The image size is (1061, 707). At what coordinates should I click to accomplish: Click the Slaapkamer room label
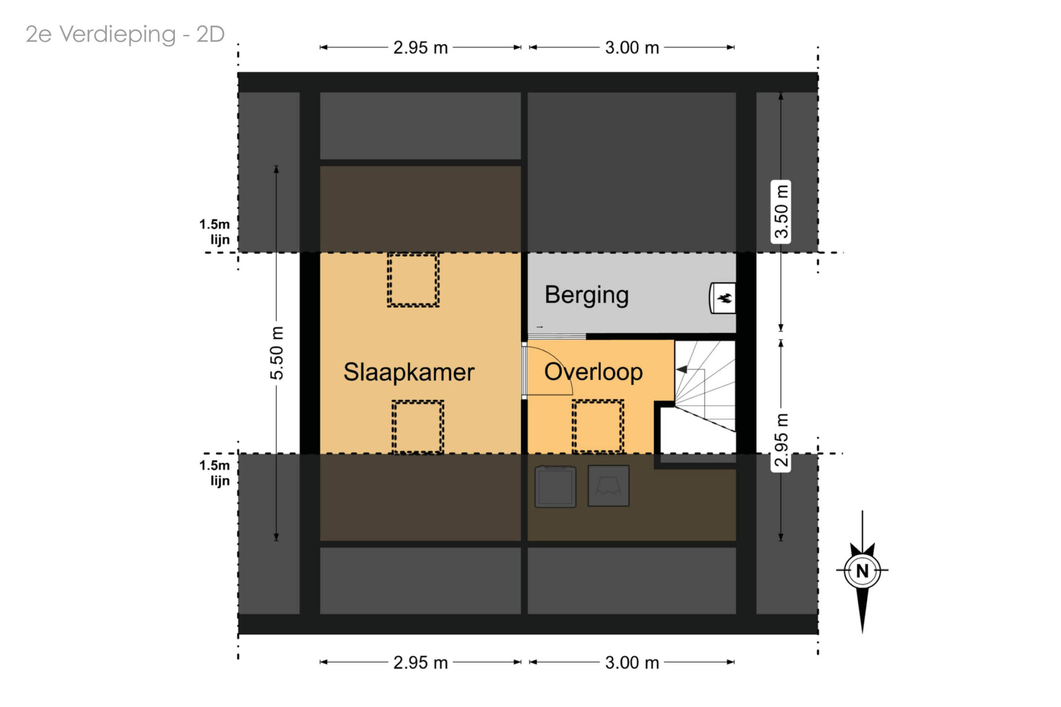click(x=409, y=372)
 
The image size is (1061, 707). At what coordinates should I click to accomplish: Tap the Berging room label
click(x=586, y=295)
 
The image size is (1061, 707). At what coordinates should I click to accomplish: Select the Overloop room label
click(x=593, y=373)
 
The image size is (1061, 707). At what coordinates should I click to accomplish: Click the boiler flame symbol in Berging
click(x=724, y=298)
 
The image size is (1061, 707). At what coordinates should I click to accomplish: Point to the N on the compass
click(x=862, y=571)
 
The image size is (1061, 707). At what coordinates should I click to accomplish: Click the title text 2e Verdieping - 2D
click(x=125, y=34)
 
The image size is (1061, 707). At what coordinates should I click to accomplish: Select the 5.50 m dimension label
click(x=277, y=353)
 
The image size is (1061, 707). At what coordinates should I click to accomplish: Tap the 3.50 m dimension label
click(x=781, y=211)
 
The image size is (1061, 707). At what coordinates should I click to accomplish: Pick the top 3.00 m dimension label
click(x=632, y=48)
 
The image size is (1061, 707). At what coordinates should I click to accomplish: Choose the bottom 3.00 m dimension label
click(x=632, y=663)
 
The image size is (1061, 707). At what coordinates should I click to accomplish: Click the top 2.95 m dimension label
click(x=420, y=48)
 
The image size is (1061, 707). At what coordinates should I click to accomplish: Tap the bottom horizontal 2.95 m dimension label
click(x=420, y=663)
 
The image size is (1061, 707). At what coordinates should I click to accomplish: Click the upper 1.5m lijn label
click(x=215, y=232)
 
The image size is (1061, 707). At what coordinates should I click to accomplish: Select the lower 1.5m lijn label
click(x=215, y=473)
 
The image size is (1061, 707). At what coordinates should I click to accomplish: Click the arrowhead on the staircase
click(x=681, y=369)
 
